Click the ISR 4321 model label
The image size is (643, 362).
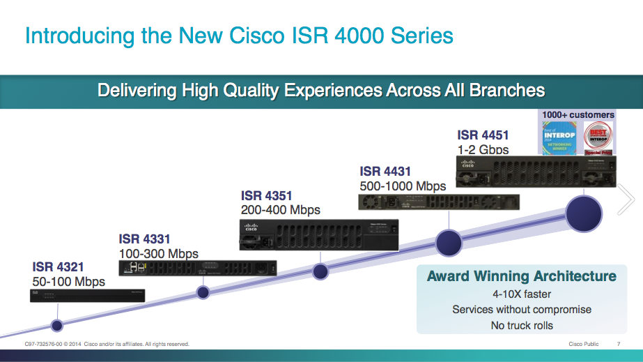click(x=58, y=266)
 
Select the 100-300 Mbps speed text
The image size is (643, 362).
click(x=158, y=254)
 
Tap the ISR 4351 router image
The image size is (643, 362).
click(x=318, y=234)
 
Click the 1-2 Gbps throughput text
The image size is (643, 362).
click(x=483, y=149)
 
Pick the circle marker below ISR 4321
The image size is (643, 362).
click(x=57, y=324)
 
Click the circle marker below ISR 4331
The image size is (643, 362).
click(x=203, y=292)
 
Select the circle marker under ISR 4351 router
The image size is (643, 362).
click(x=320, y=271)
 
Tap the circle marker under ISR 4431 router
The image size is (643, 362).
click(x=449, y=242)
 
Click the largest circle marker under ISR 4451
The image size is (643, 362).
click(x=583, y=213)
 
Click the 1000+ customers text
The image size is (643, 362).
click(x=578, y=114)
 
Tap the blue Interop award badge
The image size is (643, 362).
click(x=559, y=137)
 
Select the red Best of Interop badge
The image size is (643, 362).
click(x=598, y=137)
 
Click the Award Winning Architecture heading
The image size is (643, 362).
click(x=521, y=276)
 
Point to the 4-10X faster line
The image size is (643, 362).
click(x=521, y=294)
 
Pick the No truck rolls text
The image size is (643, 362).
click(x=521, y=325)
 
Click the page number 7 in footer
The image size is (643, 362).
click(x=619, y=344)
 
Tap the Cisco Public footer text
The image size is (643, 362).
click(x=583, y=344)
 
